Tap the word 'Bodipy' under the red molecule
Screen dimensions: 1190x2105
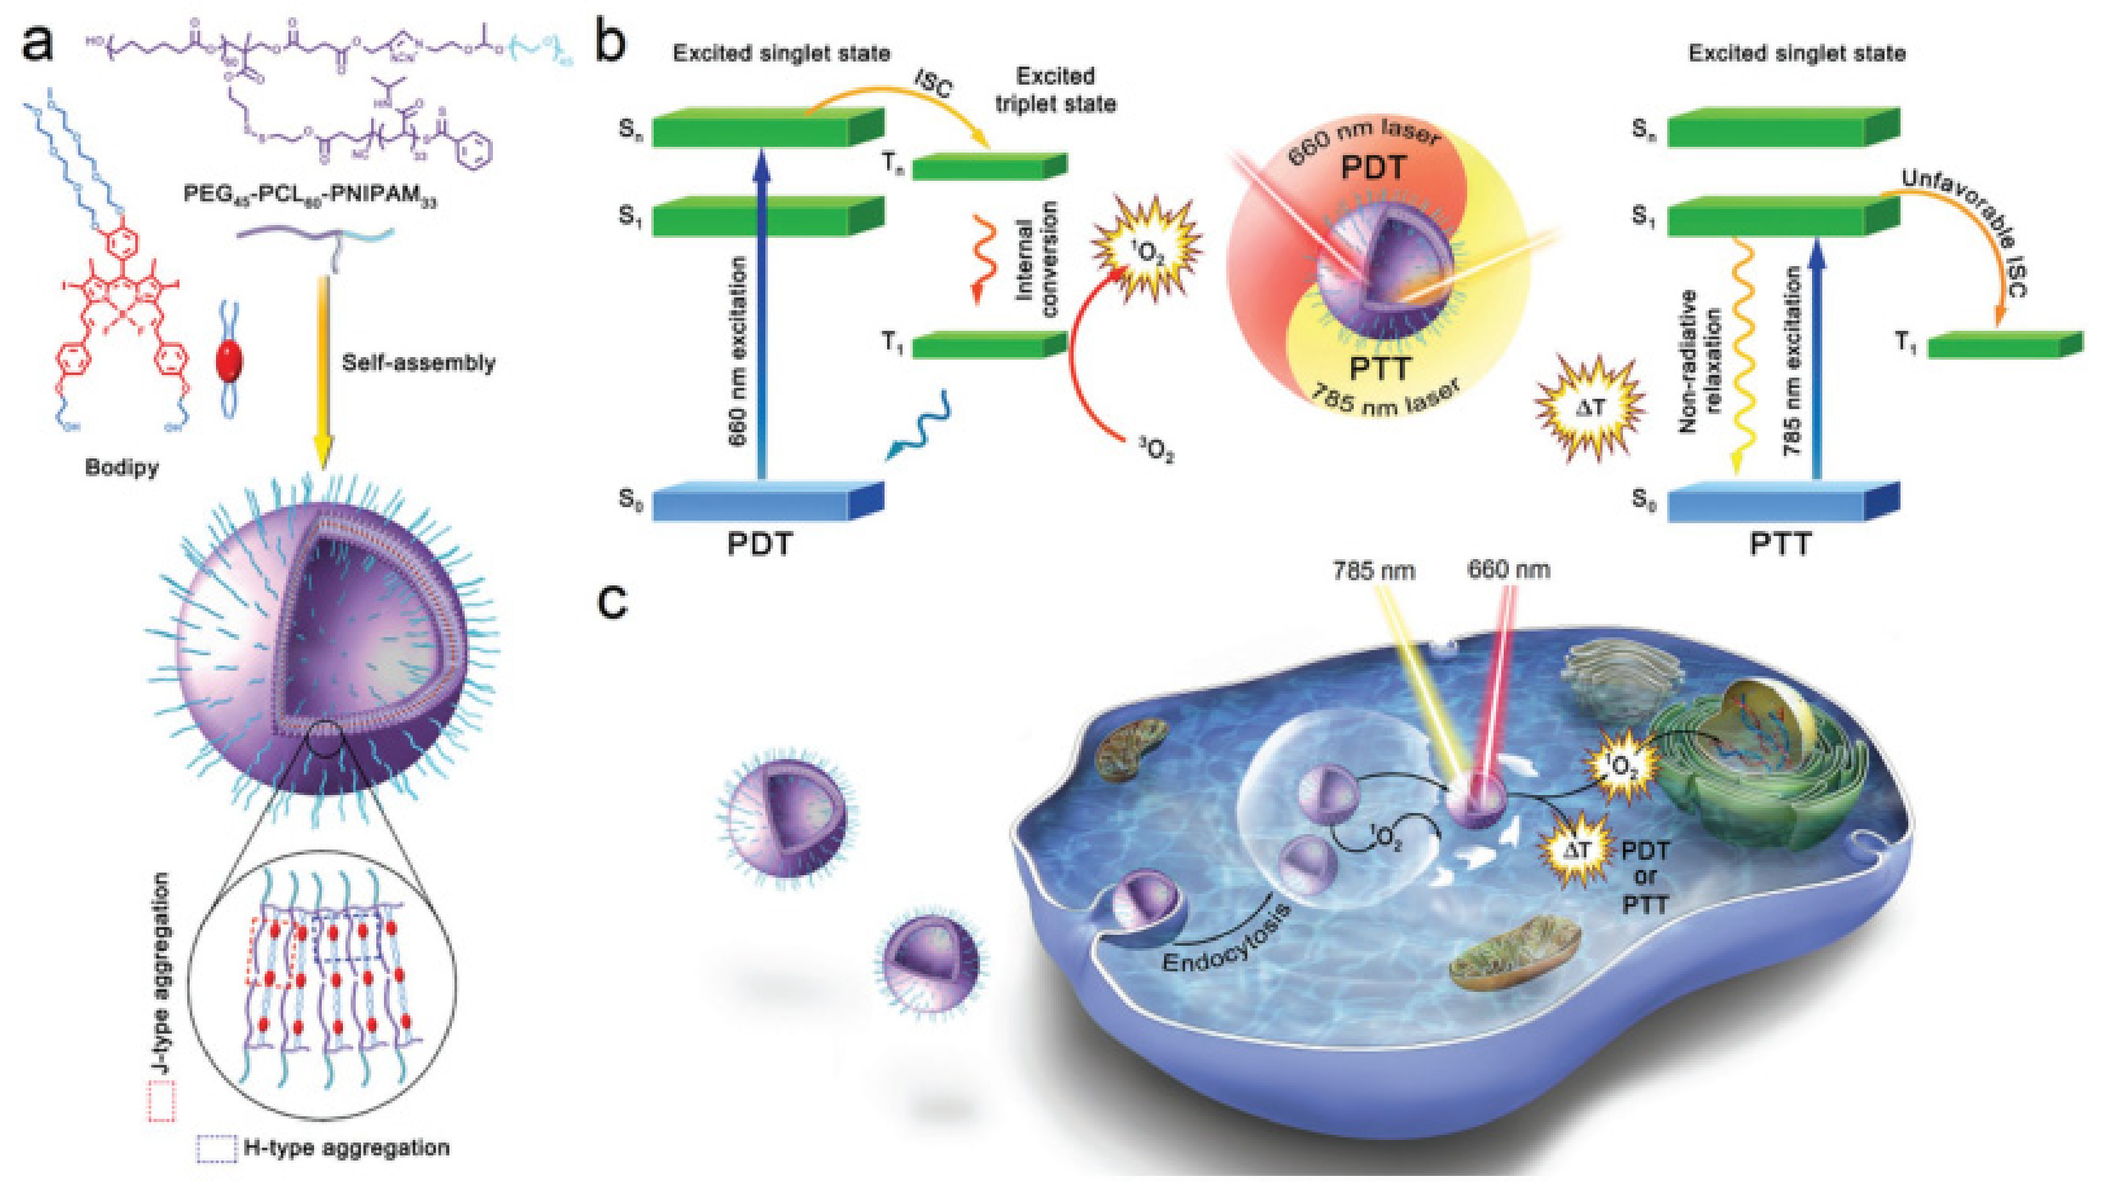point(122,468)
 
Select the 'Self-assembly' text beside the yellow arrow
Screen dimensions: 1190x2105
point(419,363)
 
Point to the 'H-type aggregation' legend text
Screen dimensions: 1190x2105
point(347,1148)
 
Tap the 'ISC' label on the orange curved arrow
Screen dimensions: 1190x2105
point(931,85)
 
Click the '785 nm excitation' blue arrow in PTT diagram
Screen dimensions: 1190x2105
point(1816,360)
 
